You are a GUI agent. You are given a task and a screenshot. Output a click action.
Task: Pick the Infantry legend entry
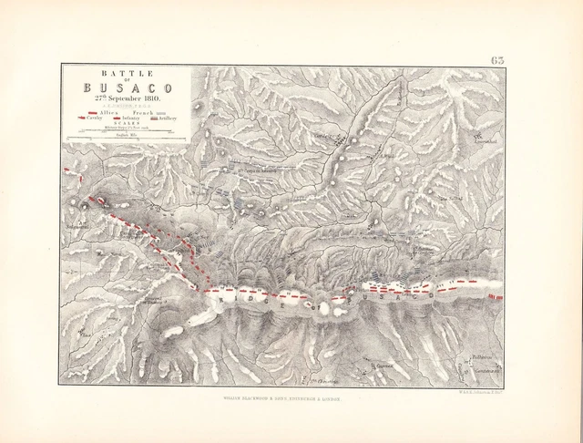tap(128, 118)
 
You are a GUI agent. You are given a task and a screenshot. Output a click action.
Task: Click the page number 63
tap(497, 59)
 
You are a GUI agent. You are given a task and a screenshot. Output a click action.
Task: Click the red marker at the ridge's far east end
tap(496, 297)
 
